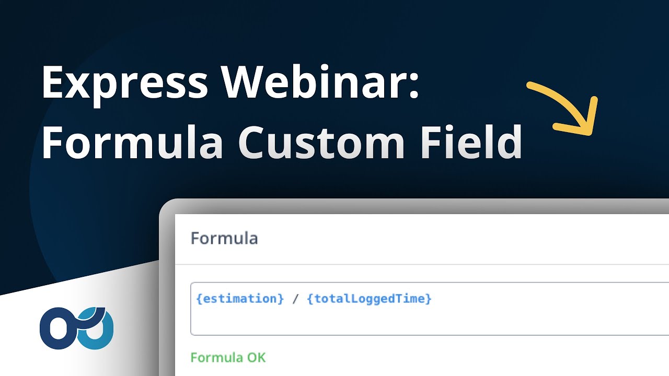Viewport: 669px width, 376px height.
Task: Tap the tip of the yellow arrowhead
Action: click(591, 134)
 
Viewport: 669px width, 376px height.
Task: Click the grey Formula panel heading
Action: click(224, 238)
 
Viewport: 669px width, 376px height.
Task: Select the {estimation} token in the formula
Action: click(240, 299)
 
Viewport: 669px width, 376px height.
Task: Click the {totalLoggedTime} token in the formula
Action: click(370, 299)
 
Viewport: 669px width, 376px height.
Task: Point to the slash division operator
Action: click(296, 299)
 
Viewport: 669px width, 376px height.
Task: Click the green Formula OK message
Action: click(228, 358)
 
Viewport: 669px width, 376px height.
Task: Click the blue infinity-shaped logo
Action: click(77, 327)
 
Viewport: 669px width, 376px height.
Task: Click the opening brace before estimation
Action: click(199, 299)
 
